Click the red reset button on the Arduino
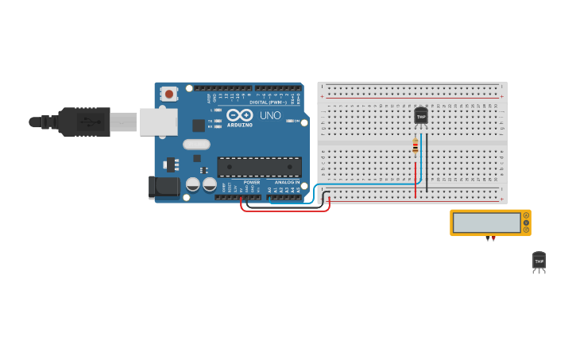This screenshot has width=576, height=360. pyautogui.click(x=168, y=94)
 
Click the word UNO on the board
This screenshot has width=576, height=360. pyautogui.click(x=270, y=115)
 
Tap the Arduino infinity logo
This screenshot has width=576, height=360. pyautogui.click(x=240, y=114)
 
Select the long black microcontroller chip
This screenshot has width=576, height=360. pyautogui.click(x=260, y=167)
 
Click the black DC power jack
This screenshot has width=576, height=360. pyautogui.click(x=164, y=188)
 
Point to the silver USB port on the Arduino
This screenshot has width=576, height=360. pyautogui.click(x=158, y=122)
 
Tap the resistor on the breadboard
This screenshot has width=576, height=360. pyautogui.click(x=415, y=145)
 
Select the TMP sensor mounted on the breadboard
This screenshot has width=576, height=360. pyautogui.click(x=421, y=116)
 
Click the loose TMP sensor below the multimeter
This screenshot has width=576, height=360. pyautogui.click(x=539, y=261)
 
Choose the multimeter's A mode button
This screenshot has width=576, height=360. pyautogui.click(x=526, y=215)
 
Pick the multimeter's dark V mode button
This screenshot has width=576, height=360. pyautogui.click(x=526, y=223)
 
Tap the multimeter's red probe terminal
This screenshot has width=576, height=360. pyautogui.click(x=493, y=237)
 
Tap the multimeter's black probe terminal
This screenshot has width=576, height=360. pyautogui.click(x=487, y=237)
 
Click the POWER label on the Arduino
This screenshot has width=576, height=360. pyautogui.click(x=251, y=182)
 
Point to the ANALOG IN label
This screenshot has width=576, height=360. pyautogui.click(x=287, y=182)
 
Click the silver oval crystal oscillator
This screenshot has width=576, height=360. pyautogui.click(x=196, y=145)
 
